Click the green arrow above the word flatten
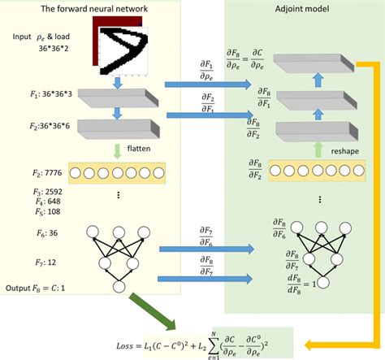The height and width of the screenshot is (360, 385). [119, 150]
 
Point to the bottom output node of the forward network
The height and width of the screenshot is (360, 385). [119, 286]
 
